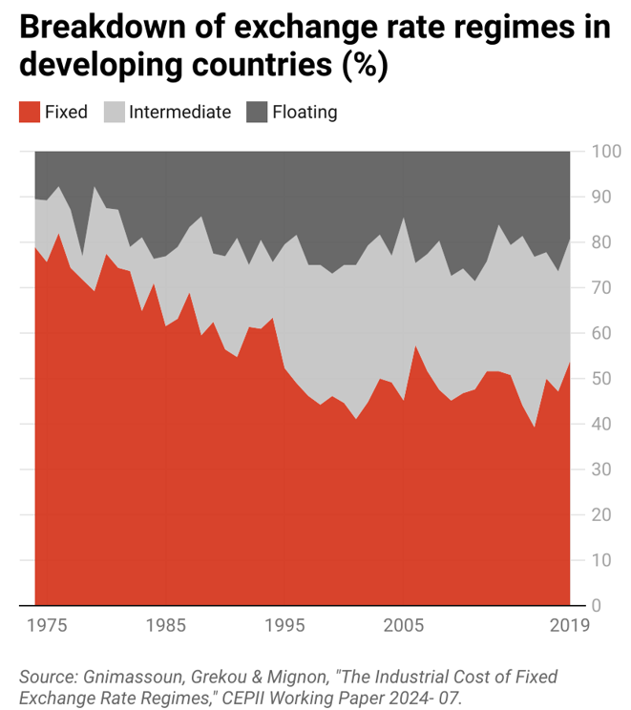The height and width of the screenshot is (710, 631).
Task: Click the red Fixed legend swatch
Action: tap(30, 112)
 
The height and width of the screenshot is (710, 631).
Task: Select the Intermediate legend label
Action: tap(179, 112)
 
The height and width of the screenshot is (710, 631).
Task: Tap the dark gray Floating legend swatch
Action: tap(257, 112)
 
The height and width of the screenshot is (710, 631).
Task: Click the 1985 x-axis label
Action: tap(166, 626)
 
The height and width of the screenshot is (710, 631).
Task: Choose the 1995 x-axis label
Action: tap(284, 626)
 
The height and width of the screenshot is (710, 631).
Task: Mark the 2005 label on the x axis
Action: tap(404, 626)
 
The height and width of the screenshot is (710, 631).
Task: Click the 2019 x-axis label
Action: tap(570, 626)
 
